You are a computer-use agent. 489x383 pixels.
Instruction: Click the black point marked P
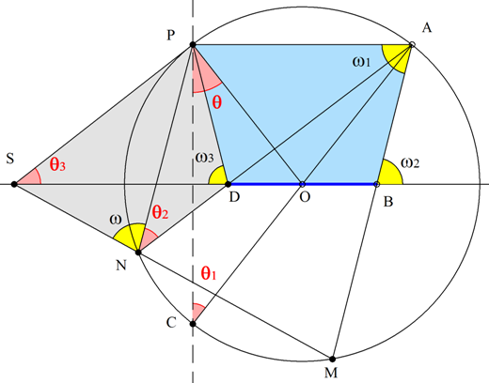(x=193, y=45)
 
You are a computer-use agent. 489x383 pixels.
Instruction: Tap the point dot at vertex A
(x=412, y=44)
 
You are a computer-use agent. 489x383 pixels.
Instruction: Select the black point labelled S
(x=14, y=184)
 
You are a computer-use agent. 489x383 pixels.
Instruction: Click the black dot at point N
(x=138, y=252)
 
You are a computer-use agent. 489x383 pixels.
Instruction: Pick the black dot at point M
(x=333, y=359)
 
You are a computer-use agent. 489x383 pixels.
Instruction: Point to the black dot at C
(x=193, y=324)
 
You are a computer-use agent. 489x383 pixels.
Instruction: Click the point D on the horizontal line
(x=229, y=184)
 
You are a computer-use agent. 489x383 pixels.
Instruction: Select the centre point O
(x=302, y=184)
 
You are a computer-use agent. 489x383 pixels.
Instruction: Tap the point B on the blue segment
(x=377, y=184)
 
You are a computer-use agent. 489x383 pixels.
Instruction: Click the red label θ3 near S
(x=57, y=164)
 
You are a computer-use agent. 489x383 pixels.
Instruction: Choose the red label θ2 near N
(x=160, y=212)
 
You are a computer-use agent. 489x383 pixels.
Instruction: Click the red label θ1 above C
(x=209, y=273)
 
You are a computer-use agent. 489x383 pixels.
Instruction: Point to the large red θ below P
(x=217, y=101)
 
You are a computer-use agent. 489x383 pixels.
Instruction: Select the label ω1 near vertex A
(x=361, y=62)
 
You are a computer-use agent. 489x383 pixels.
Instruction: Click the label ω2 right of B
(x=410, y=162)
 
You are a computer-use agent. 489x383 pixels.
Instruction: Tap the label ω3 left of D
(x=204, y=158)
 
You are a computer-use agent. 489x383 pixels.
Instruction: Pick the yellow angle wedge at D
(x=218, y=176)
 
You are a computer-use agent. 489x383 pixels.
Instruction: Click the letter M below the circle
(x=331, y=373)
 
